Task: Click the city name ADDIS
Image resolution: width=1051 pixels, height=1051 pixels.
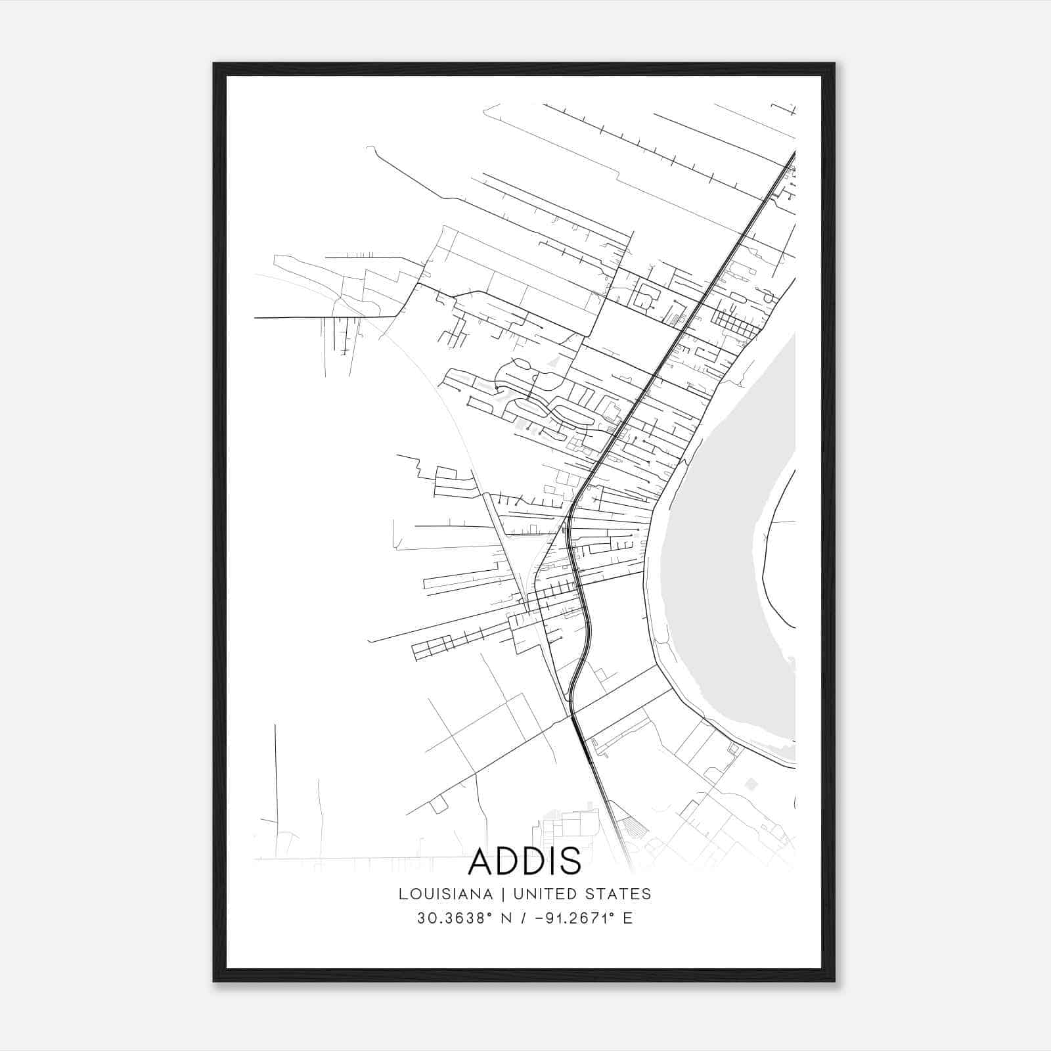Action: [525, 861]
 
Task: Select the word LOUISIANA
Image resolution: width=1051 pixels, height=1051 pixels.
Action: [445, 894]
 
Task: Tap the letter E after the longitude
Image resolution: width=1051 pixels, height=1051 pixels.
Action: [628, 918]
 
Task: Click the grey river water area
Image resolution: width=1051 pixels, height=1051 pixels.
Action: [716, 558]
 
